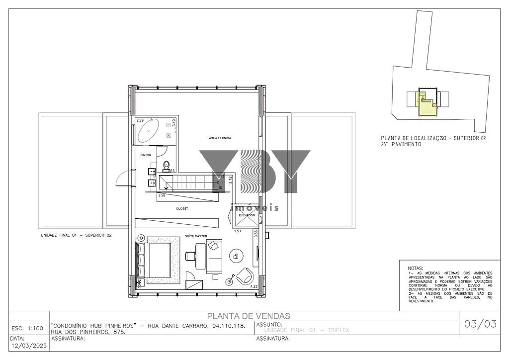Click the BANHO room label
tap(146, 155)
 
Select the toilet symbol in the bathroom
tap(167, 165)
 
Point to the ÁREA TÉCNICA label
tap(220, 138)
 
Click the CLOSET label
tap(182, 209)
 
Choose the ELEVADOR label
tap(247, 215)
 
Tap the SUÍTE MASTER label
tap(196, 236)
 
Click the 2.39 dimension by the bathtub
tap(140, 120)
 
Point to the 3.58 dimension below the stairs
tap(162, 195)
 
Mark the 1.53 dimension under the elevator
tap(238, 231)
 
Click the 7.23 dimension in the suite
tap(254, 287)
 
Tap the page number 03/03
tap(480, 325)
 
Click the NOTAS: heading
tap(416, 268)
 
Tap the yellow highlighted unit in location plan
tap(425, 105)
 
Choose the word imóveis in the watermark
tap(255, 208)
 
